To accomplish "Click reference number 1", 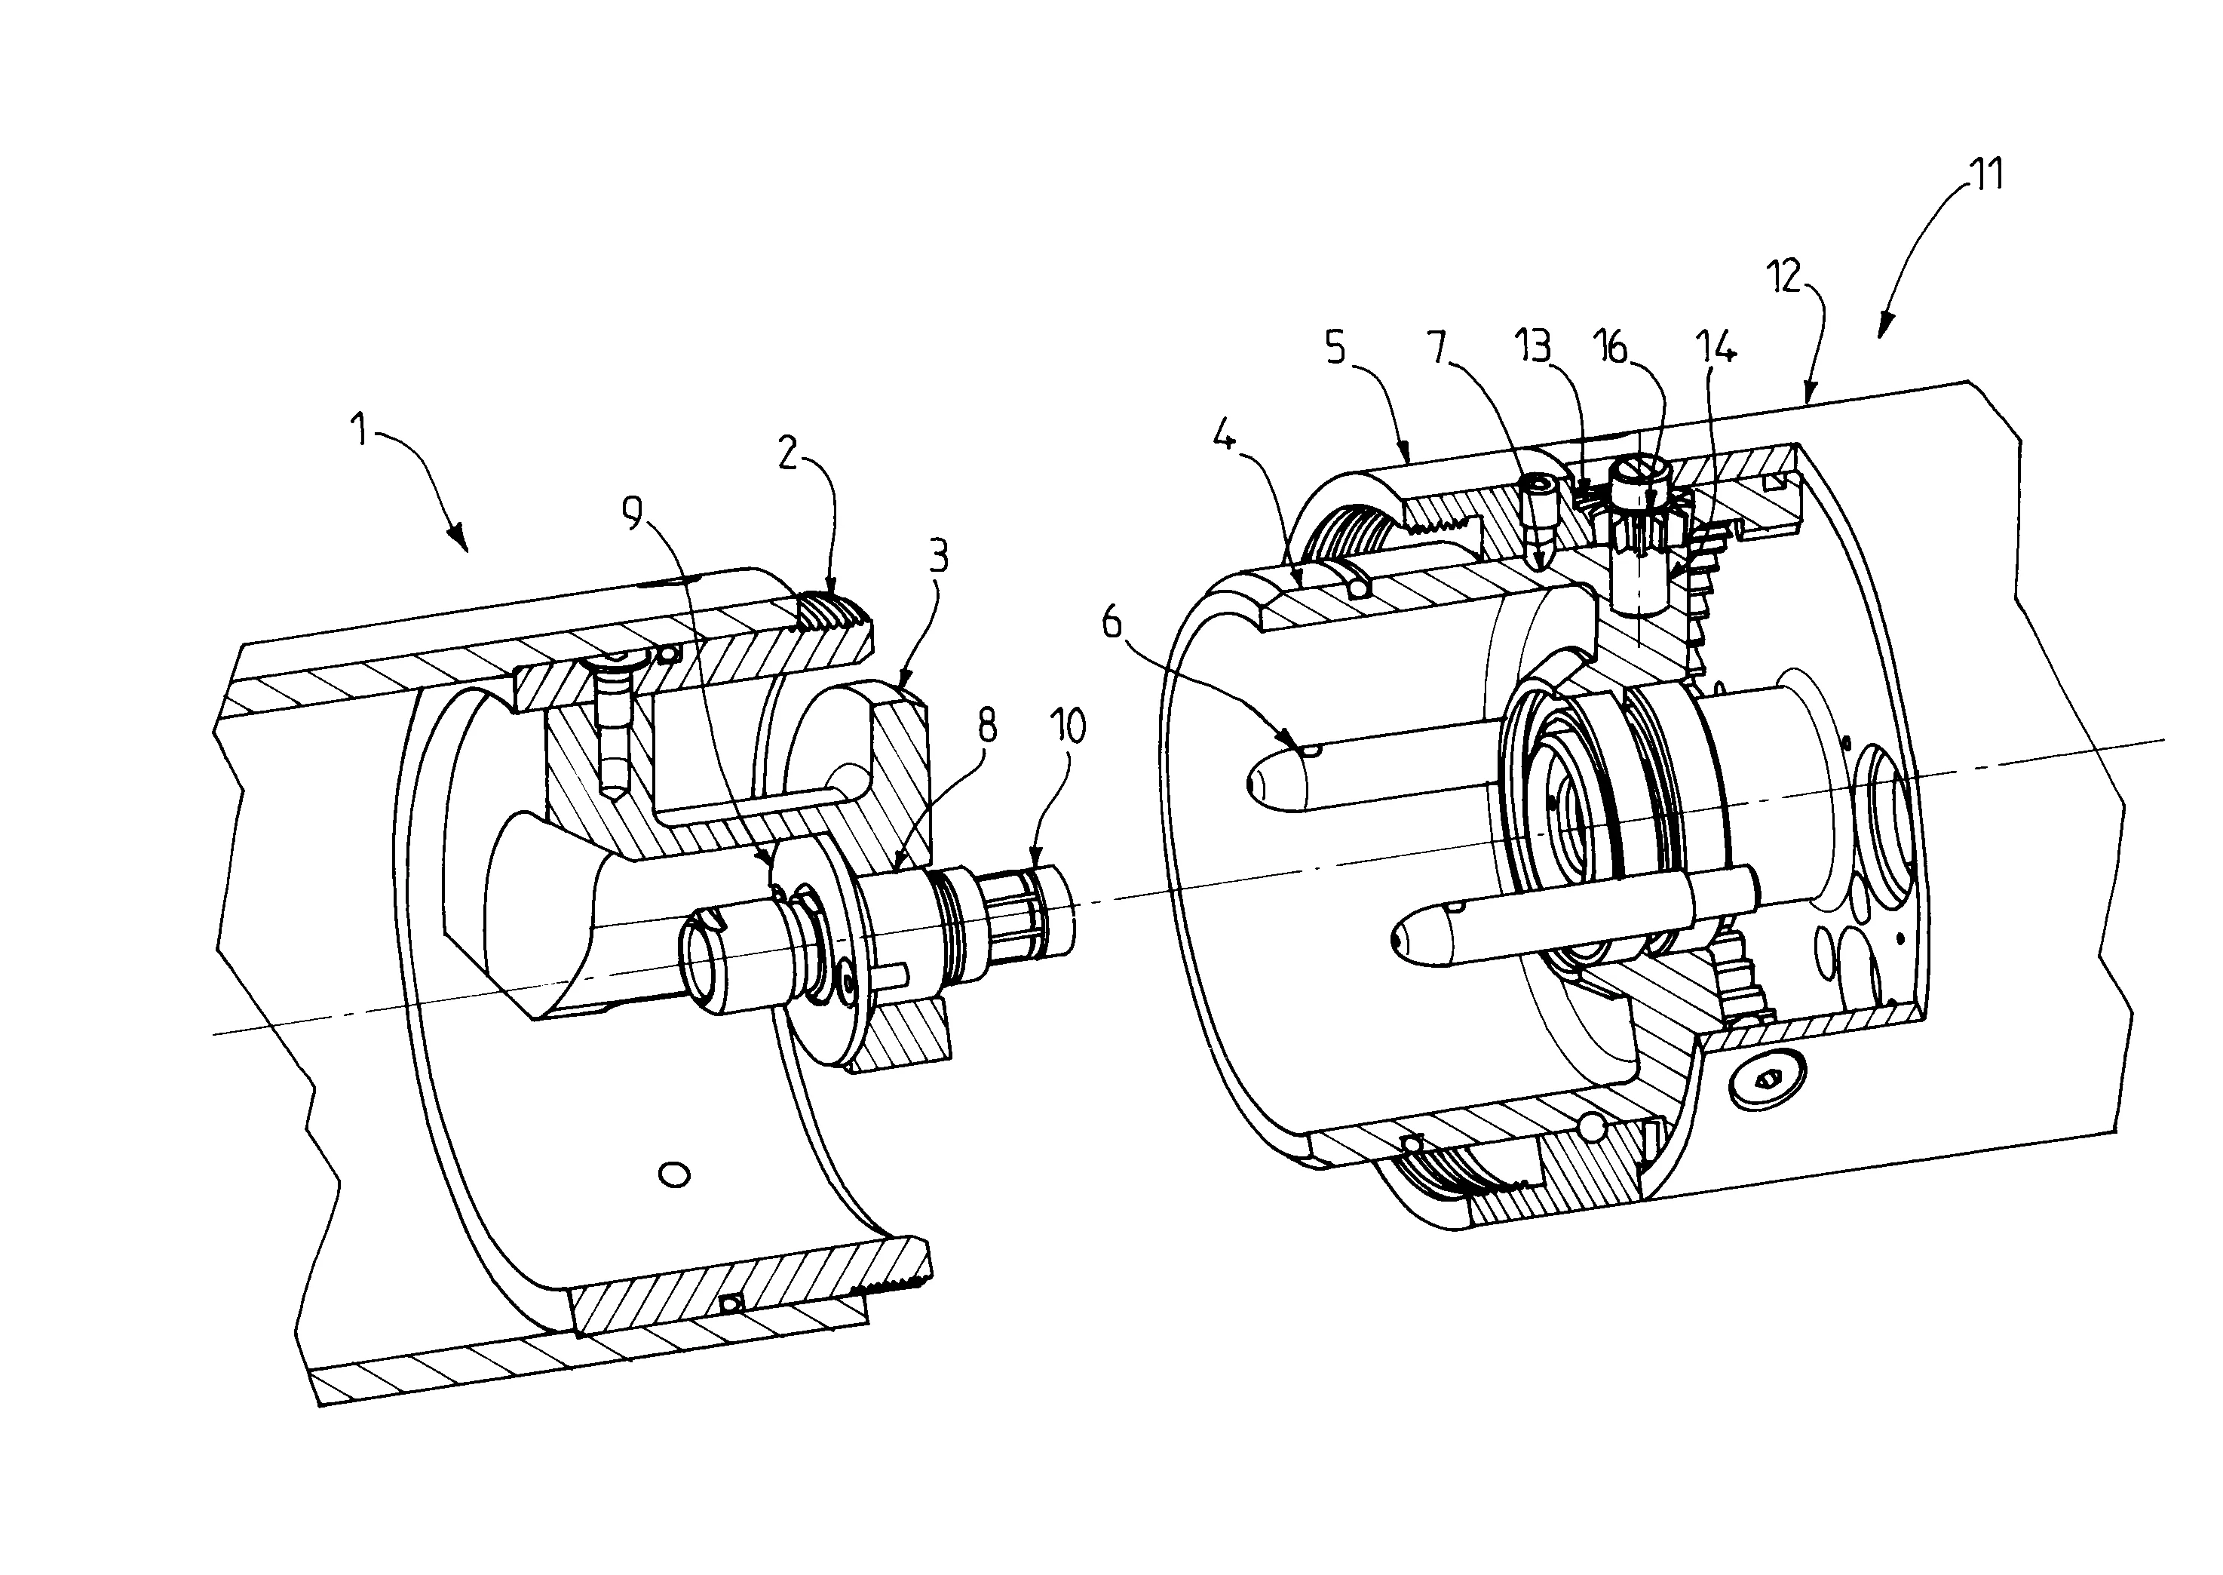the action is [360, 428].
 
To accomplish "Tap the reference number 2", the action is [788, 452].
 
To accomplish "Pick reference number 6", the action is [1113, 622].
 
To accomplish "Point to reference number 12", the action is [1784, 276].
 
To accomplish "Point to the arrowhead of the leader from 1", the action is [458, 539].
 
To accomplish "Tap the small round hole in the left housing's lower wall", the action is [674, 1174].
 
